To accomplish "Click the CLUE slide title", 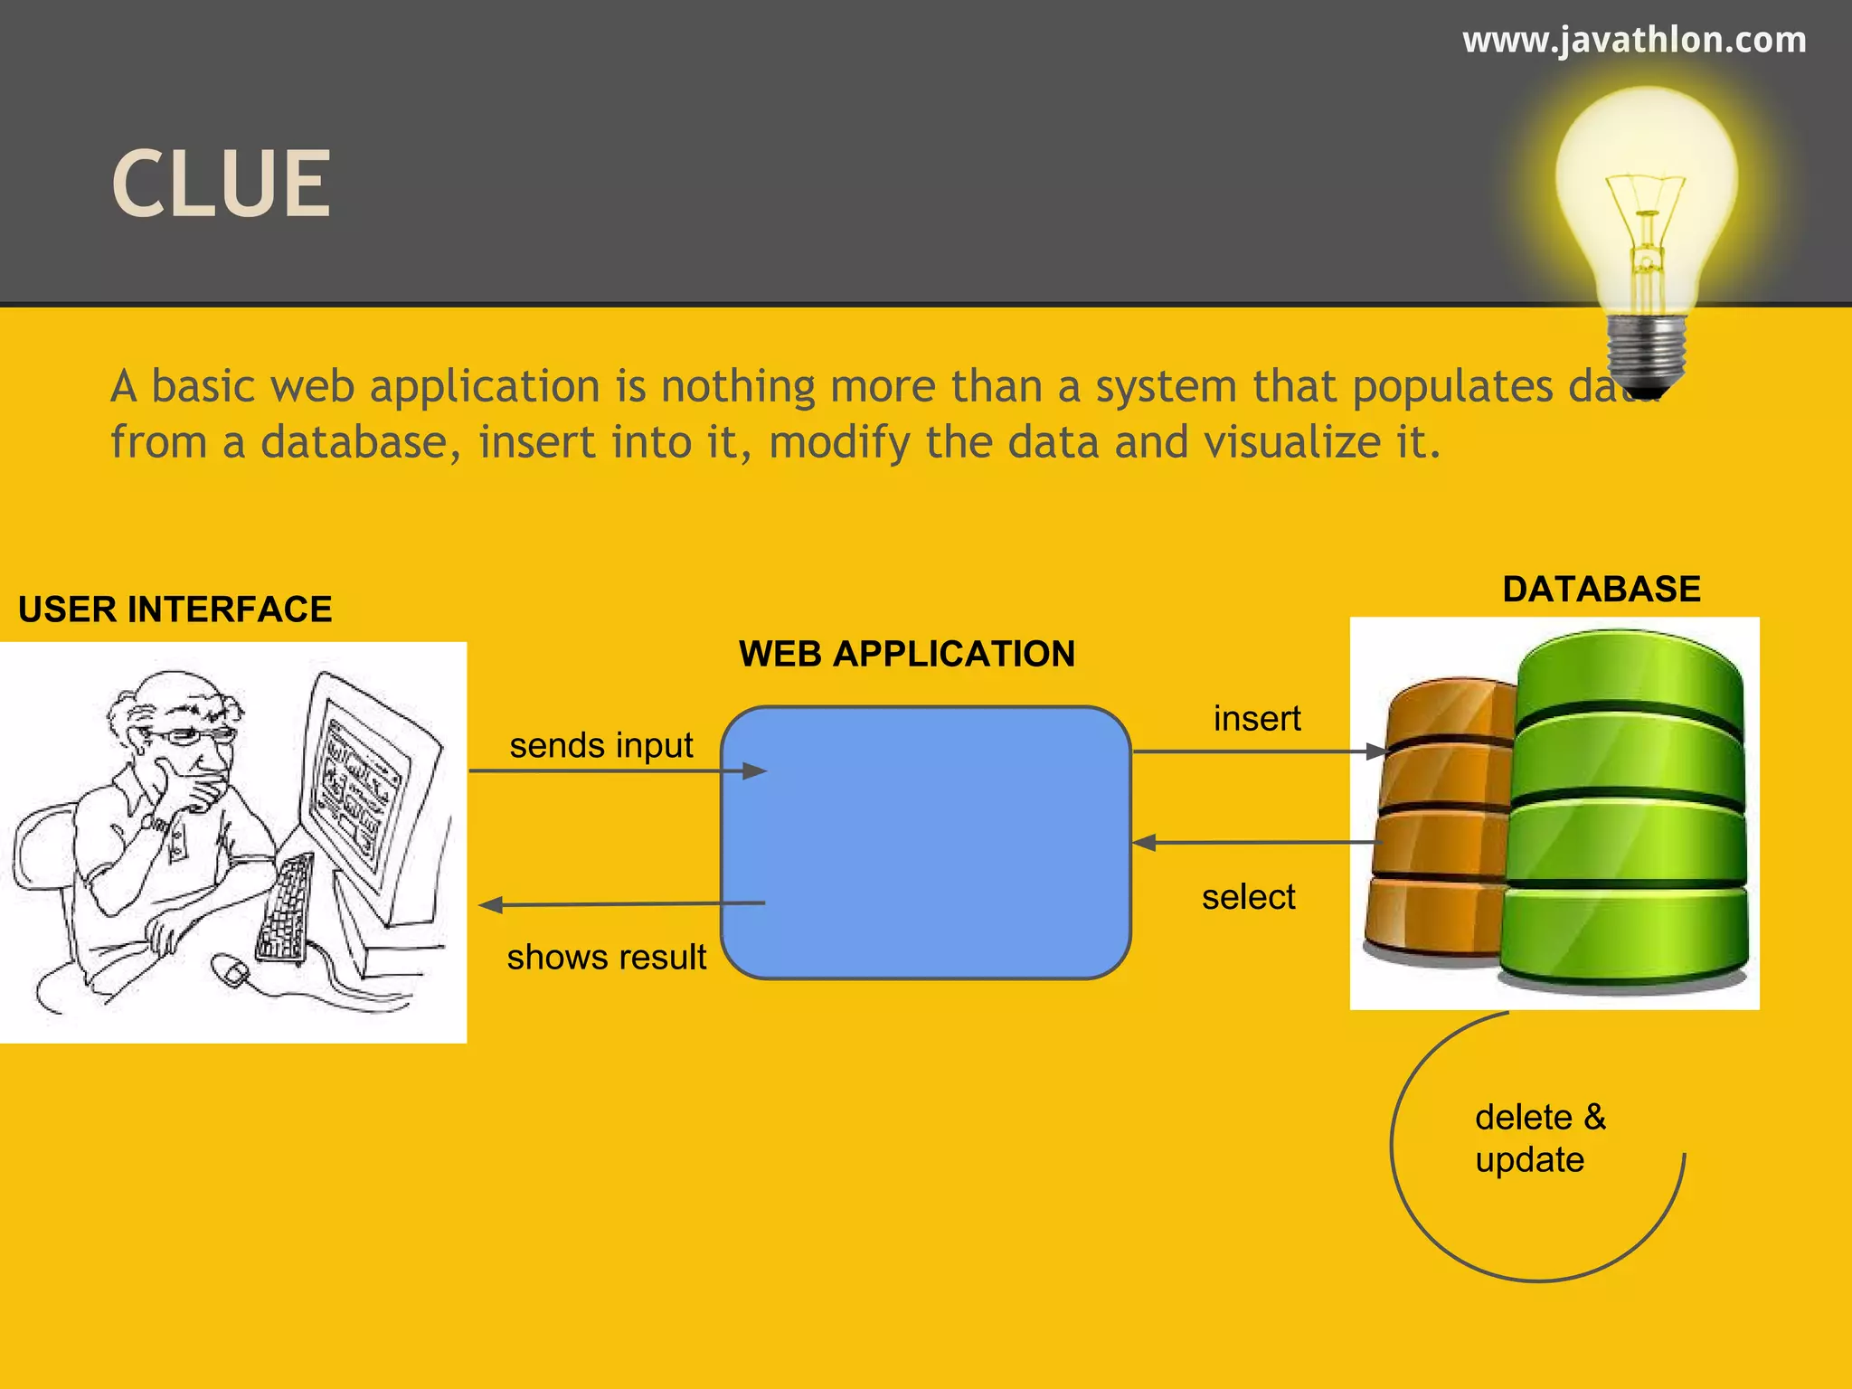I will [x=222, y=184].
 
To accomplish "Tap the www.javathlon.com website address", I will [x=1634, y=41].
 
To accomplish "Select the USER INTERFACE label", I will [x=175, y=610].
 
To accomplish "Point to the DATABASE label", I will [x=1602, y=590].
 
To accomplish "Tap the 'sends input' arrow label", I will [x=601, y=746].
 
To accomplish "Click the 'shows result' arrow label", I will [x=606, y=958].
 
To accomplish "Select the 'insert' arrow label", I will [x=1257, y=719].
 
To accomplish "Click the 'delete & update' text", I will [x=1539, y=1139].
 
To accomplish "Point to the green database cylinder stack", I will [x=1628, y=814].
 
